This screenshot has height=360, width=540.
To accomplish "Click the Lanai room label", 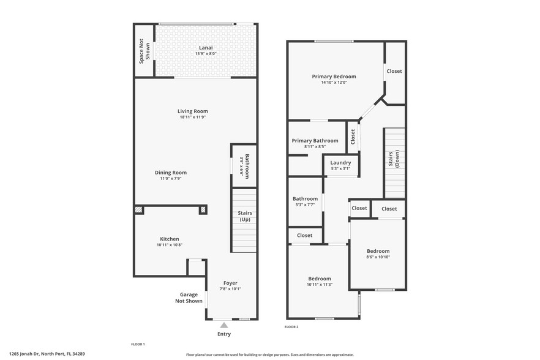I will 206,48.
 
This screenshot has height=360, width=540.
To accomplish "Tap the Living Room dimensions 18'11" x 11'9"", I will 193,118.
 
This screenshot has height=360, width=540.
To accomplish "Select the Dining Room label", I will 170,173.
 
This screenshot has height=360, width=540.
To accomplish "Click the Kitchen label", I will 170,239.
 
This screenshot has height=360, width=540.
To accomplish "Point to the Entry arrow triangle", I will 224,325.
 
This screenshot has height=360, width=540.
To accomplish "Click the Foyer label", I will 230,283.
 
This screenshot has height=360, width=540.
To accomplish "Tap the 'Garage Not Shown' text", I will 189,298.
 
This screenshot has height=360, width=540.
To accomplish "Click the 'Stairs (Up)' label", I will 244,216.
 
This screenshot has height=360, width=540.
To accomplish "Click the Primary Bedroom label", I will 334,77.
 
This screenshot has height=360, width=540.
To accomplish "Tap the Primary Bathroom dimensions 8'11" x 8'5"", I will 315,147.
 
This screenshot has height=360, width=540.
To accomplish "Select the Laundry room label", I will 340,163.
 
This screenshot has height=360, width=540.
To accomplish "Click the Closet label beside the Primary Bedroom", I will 394,71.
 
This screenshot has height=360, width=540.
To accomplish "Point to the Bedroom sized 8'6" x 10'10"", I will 378,251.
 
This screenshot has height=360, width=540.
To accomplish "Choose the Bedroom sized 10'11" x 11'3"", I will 320,279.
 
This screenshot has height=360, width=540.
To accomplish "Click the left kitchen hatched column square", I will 138,210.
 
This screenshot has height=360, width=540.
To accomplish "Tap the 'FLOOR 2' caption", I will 291,327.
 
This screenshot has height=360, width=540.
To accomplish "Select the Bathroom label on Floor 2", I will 305,198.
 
